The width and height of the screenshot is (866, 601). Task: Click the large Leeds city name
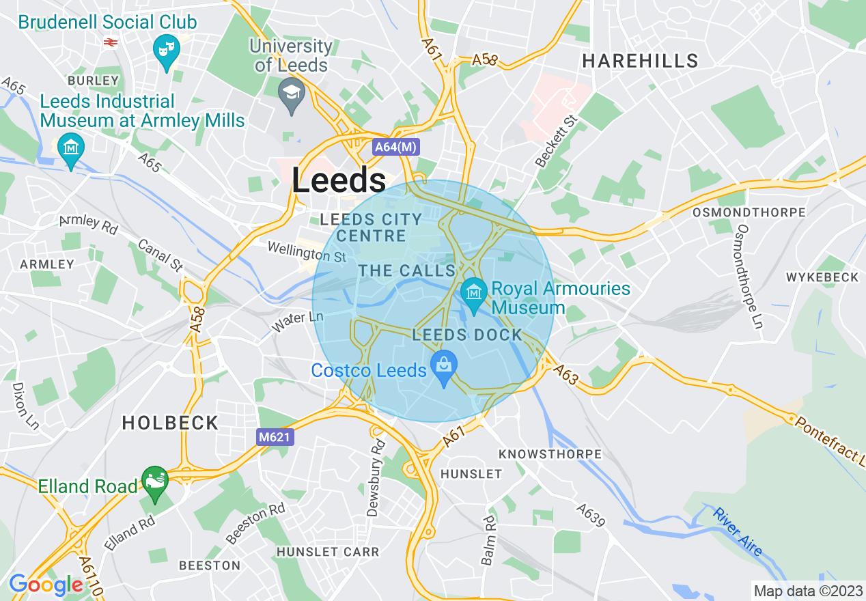[339, 181]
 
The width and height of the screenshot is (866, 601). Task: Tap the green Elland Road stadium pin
[155, 481]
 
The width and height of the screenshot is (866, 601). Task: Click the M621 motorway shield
[276, 437]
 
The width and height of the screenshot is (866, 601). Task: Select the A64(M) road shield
[395, 147]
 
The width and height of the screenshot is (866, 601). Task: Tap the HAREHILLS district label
[640, 61]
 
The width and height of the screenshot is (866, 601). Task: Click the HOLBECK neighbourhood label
[170, 423]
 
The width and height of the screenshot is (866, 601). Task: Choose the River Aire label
[737, 530]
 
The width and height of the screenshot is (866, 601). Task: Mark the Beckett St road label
[556, 141]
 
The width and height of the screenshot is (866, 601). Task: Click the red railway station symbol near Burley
[109, 42]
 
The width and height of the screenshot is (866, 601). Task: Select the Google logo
[45, 585]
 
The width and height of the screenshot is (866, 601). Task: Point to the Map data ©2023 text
[806, 591]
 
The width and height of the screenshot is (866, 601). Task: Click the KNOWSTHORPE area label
[550, 454]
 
